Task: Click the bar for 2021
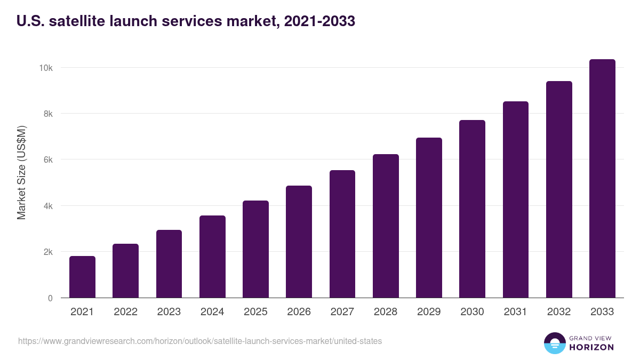click(x=82, y=277)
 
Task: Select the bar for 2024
click(x=212, y=257)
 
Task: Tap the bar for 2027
click(x=342, y=234)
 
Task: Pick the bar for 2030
click(x=472, y=209)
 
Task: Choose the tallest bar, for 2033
click(x=602, y=179)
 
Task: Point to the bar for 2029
click(x=429, y=218)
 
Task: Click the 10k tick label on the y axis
click(x=45, y=68)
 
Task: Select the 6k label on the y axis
click(x=47, y=160)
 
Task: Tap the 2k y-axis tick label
click(x=47, y=252)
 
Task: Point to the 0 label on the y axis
click(x=50, y=298)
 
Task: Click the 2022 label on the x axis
click(x=126, y=312)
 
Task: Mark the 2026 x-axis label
click(x=299, y=312)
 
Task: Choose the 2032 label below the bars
click(x=559, y=312)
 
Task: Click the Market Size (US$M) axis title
click(x=21, y=172)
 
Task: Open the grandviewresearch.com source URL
click(x=200, y=341)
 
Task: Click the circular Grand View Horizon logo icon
click(x=554, y=343)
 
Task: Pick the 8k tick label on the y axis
click(x=47, y=114)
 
